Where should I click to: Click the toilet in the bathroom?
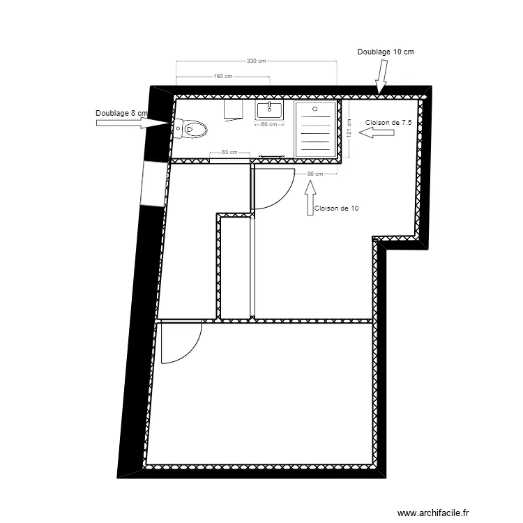[x=193, y=128]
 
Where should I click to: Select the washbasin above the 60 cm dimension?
[x=269, y=110]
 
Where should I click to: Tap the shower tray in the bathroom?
[x=315, y=129]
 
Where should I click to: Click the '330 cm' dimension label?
[x=257, y=61]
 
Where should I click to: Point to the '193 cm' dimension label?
[x=223, y=77]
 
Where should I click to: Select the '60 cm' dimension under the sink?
[x=269, y=125]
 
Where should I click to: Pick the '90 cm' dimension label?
[x=315, y=174]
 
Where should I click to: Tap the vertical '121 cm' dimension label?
[x=348, y=128]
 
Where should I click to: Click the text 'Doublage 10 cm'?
[x=386, y=52]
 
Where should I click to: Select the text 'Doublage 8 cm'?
[x=122, y=112]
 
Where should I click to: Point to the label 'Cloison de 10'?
[x=337, y=208]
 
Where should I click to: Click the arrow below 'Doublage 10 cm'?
[x=381, y=77]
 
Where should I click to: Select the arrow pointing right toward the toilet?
[x=132, y=123]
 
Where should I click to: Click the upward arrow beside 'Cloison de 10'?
[x=310, y=197]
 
